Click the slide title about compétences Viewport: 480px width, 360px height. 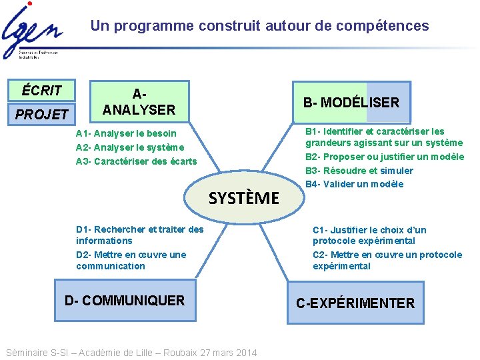[260, 26]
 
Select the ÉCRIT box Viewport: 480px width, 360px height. [42, 90]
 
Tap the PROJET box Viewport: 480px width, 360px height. [42, 114]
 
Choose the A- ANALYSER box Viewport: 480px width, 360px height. [139, 101]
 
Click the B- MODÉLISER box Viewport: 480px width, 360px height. [351, 102]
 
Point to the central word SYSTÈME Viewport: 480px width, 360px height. [244, 198]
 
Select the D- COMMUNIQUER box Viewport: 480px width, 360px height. [125, 300]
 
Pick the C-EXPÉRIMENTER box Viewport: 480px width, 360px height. [355, 303]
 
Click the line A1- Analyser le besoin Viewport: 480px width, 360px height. [126, 133]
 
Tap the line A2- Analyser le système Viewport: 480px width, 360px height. [129, 147]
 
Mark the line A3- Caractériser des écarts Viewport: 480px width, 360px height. [137, 161]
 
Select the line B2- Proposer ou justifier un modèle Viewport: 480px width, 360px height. [385, 157]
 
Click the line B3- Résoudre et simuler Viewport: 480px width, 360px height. [359, 171]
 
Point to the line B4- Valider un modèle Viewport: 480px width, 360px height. [355, 184]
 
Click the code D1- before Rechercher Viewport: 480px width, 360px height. [84, 229]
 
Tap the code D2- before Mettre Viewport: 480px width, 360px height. [84, 254]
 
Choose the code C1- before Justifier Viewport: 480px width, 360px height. [321, 230]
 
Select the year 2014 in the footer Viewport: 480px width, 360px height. [245, 353]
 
